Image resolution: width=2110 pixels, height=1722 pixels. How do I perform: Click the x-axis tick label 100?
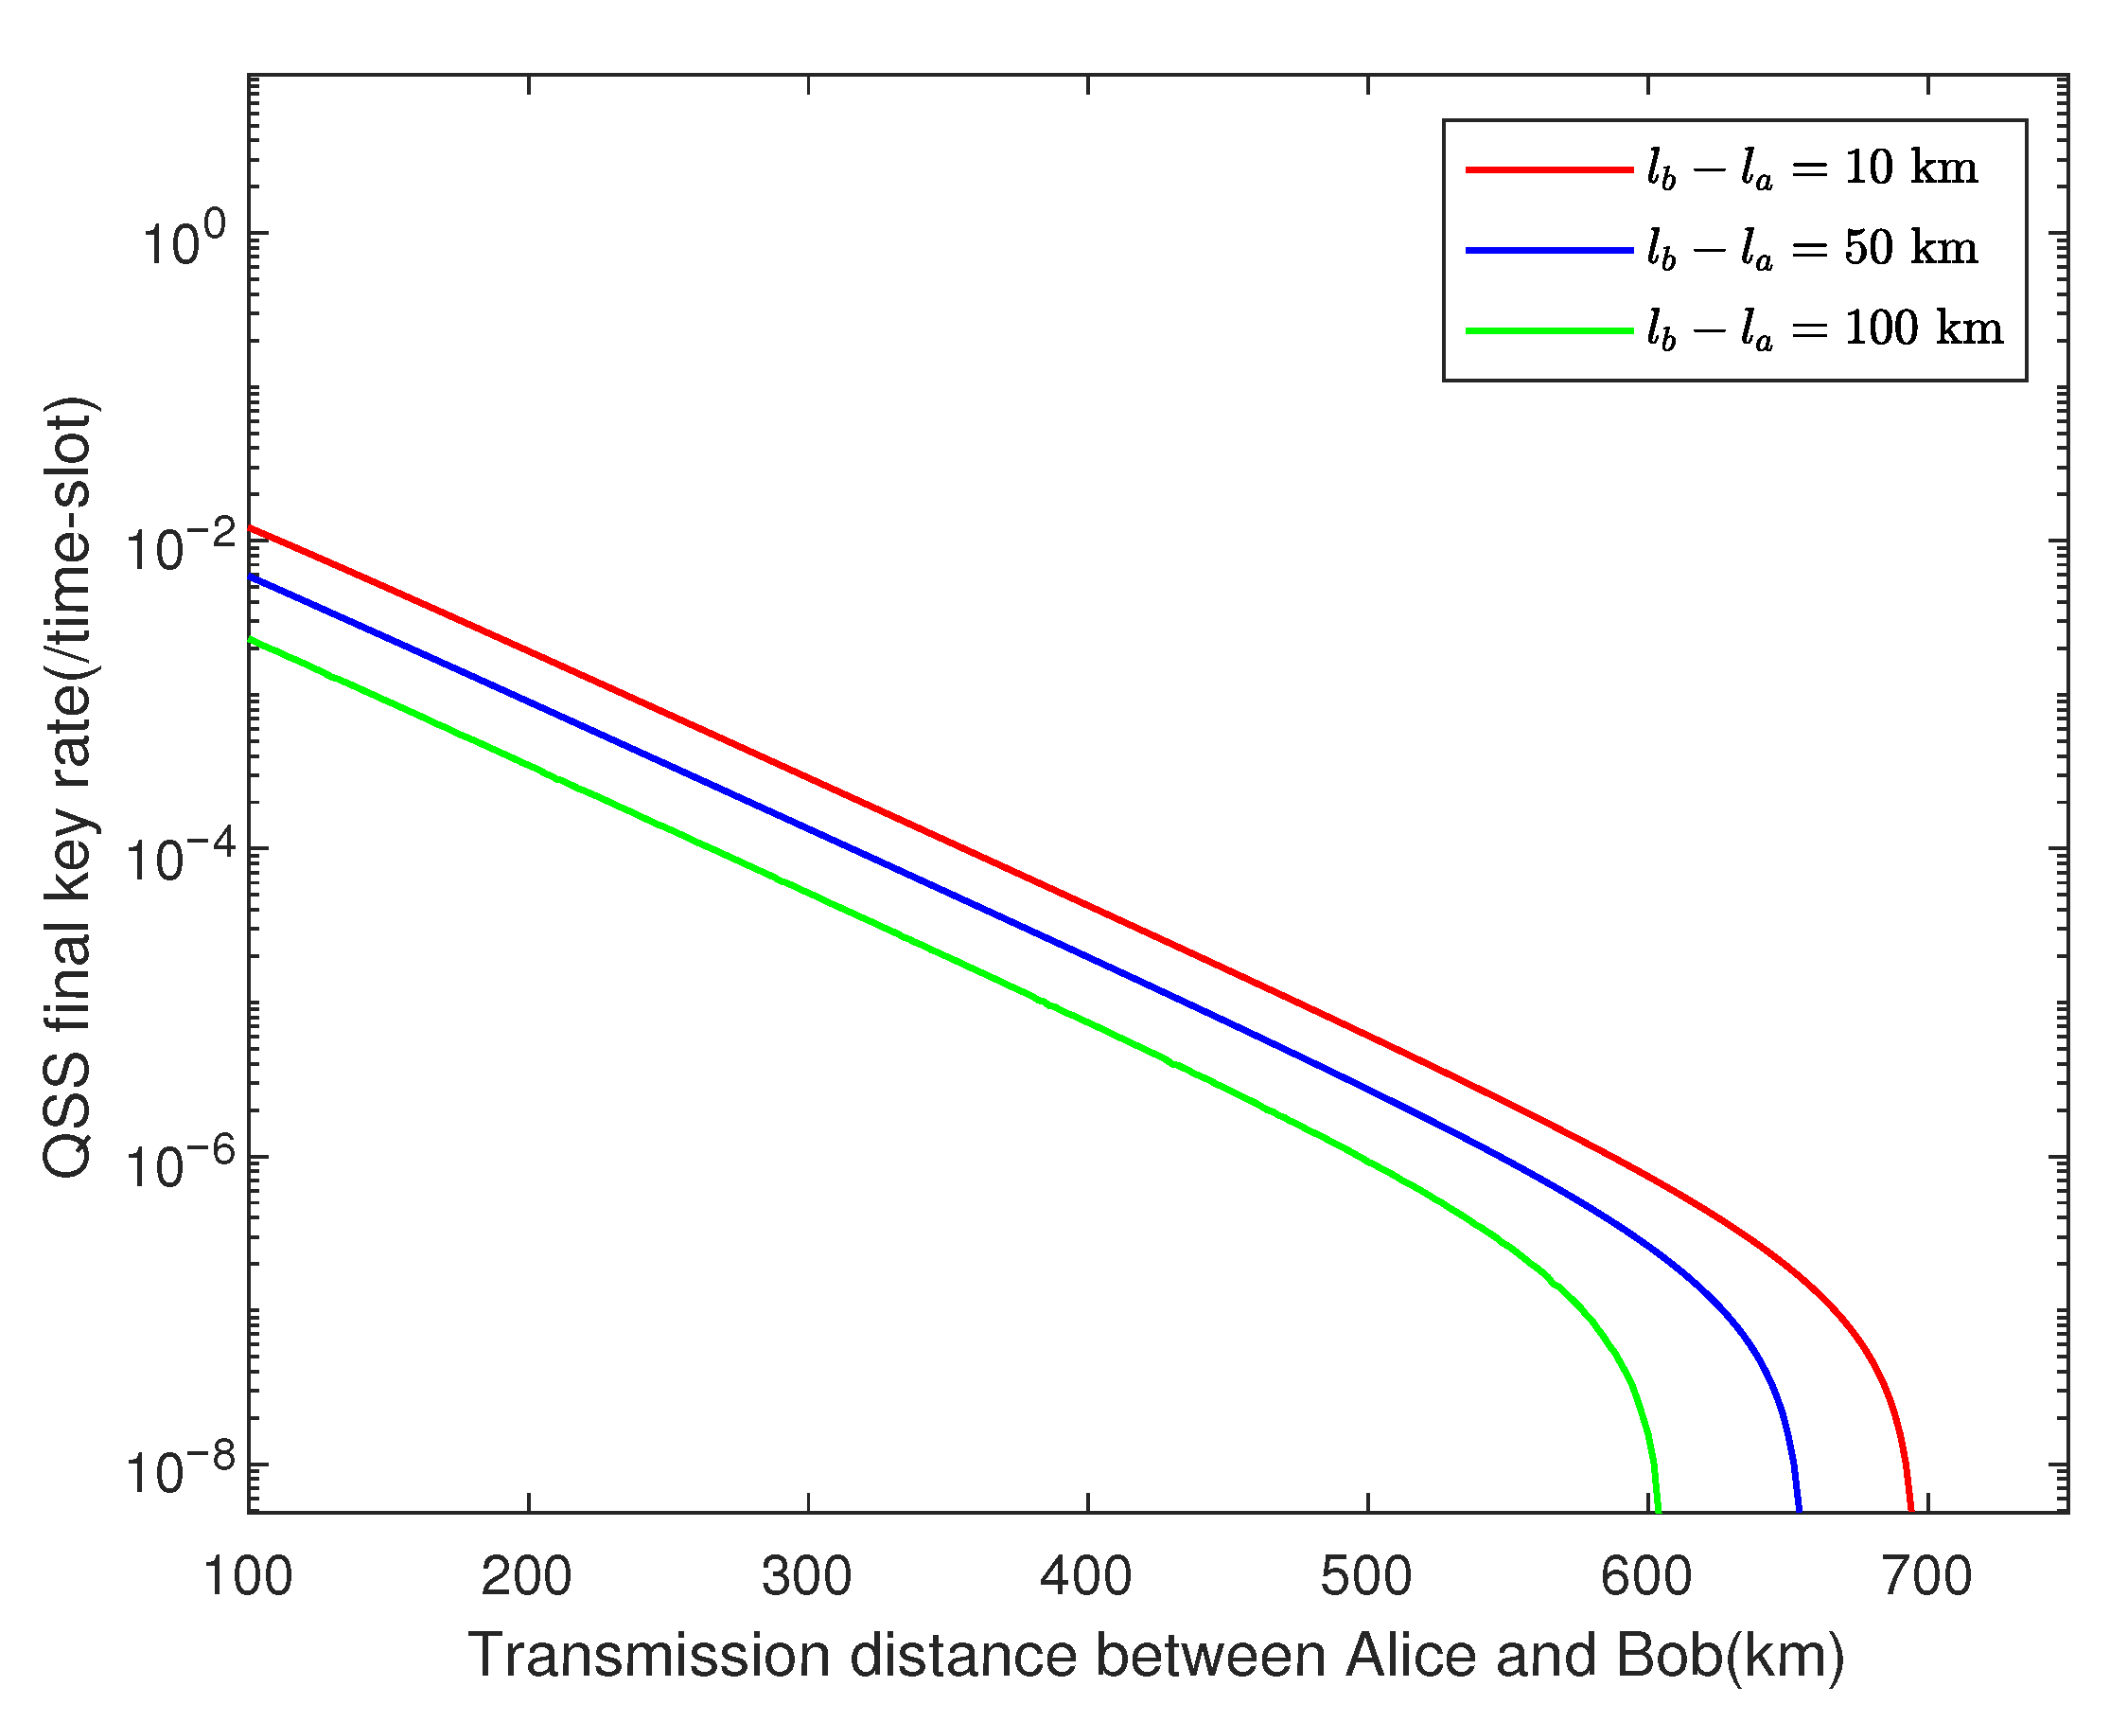[248, 1576]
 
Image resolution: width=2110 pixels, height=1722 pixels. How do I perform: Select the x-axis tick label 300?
[807, 1576]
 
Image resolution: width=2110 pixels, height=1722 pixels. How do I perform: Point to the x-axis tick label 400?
[1087, 1576]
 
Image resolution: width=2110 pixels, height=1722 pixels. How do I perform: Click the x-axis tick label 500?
[1366, 1576]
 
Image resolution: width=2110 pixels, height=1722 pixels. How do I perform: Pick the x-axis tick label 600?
[1647, 1576]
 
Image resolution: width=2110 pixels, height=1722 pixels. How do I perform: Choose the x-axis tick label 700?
[1926, 1576]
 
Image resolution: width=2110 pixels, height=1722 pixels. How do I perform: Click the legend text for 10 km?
[1813, 169]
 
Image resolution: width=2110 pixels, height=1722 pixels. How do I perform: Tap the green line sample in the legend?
[1549, 330]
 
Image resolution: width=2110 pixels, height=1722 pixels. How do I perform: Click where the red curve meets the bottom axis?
[1910, 1510]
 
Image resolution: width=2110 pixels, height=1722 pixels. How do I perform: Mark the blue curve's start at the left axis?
[251, 577]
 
